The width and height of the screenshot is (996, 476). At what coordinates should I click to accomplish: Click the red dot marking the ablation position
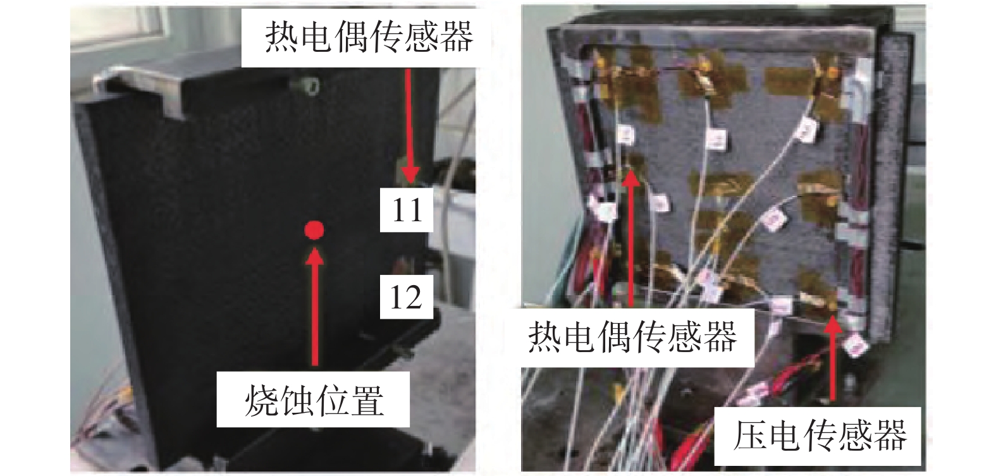[314, 229]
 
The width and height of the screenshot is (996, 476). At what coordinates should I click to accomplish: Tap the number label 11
[407, 210]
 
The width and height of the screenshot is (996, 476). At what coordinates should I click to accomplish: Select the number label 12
[406, 296]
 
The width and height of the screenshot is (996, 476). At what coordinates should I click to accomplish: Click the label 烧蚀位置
[314, 400]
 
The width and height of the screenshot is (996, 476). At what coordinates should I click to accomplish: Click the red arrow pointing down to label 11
[410, 125]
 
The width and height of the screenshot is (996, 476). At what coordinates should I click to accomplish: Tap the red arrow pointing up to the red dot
[316, 306]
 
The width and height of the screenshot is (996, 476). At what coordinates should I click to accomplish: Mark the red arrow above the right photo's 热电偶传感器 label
[632, 239]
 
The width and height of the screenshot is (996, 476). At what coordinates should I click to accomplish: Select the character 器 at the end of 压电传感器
[889, 436]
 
